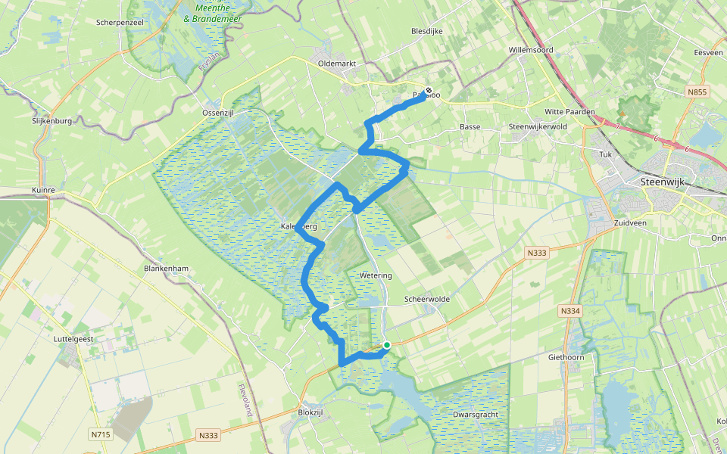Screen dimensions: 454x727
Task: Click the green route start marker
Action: [386, 345]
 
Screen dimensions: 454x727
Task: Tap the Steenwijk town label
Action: [661, 182]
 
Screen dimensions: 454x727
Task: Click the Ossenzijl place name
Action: [220, 112]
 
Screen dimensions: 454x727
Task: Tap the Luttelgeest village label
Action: [74, 340]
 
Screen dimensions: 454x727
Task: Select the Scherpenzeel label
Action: [120, 22]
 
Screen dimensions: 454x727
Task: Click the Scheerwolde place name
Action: [429, 299]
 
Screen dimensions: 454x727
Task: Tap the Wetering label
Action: [376, 275]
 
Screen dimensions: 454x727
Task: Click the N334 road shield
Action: [569, 310]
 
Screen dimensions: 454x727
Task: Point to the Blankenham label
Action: [166, 269]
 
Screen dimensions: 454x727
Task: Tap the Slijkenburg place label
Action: [51, 121]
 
